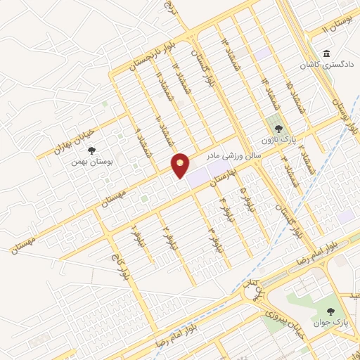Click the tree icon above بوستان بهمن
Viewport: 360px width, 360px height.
pos(92,150)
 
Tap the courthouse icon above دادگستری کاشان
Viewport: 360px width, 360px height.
pos(327,54)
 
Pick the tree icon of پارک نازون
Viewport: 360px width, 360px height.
pos(278,129)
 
